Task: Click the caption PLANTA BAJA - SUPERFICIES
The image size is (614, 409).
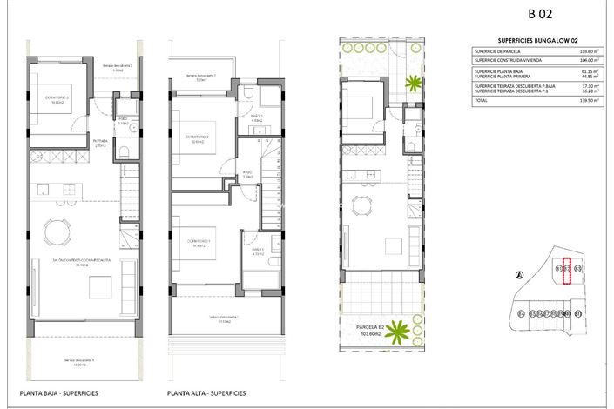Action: point(59,393)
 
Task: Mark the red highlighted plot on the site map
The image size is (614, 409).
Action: point(568,273)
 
